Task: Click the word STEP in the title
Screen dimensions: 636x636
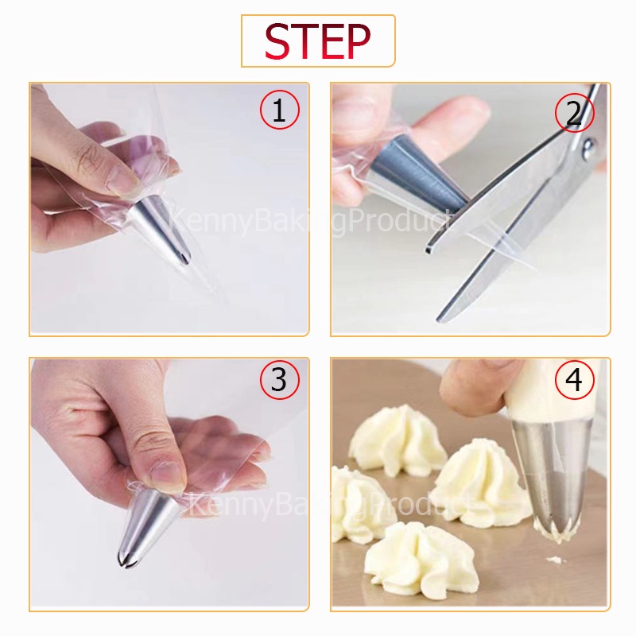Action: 317,41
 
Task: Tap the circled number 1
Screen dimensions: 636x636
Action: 279,110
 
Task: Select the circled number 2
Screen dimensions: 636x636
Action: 574,112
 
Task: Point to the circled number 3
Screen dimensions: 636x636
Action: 279,380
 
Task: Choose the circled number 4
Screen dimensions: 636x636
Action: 574,380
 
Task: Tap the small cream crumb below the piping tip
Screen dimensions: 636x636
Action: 556,560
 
